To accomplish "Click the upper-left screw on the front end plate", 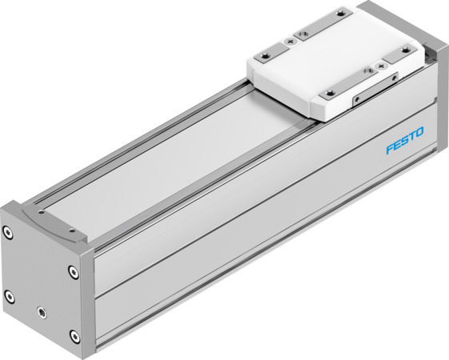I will click(8, 234).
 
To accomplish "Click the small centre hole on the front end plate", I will click(42, 308).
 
